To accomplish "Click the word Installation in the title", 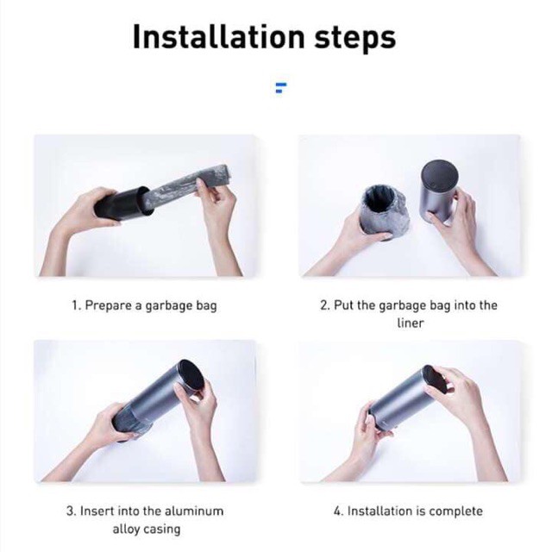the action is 218,36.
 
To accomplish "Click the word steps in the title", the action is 354,39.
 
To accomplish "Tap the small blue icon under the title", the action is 280,88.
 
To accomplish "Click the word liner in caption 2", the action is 411,323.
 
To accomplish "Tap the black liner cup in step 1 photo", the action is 122,204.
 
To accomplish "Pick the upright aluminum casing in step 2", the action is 439,191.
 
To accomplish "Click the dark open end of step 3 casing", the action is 192,375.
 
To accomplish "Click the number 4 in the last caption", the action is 337,511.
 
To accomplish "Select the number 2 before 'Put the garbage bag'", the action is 324,305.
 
